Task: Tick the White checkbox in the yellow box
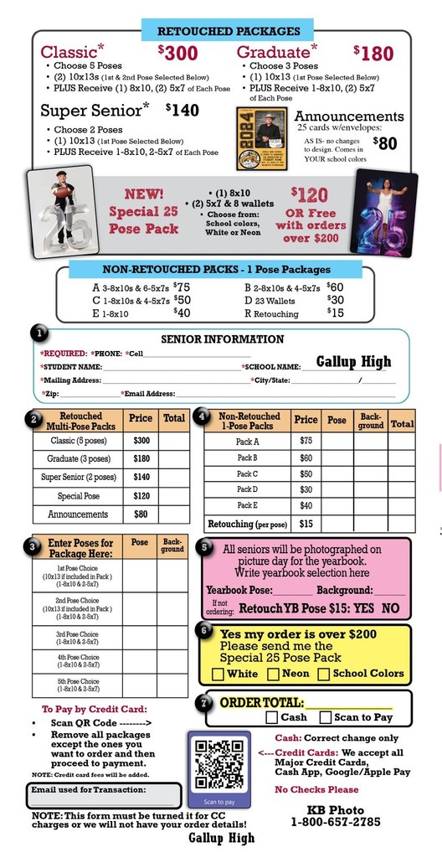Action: tap(218, 674)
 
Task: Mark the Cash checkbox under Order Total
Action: tap(271, 717)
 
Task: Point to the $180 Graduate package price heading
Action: tap(373, 54)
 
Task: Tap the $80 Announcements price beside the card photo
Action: tap(384, 143)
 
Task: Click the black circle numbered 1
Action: tap(39, 333)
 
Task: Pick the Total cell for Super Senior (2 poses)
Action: tap(174, 477)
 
